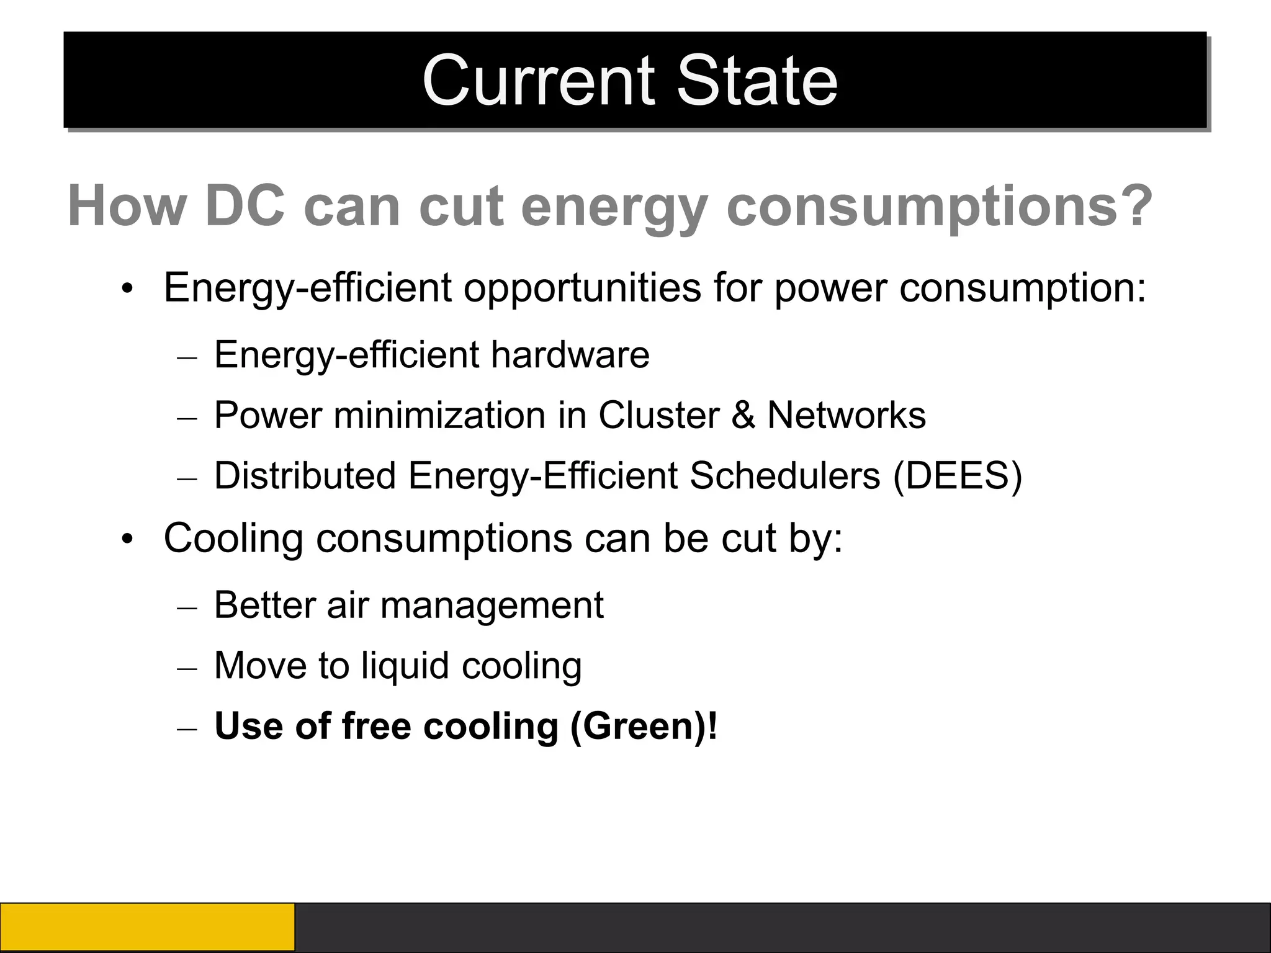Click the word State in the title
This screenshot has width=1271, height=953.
pos(757,81)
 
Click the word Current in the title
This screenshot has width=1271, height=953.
pos(538,81)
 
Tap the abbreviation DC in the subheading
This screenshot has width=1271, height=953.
pos(245,206)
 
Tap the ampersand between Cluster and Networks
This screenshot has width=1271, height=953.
pos(743,415)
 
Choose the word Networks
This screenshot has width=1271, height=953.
pos(847,415)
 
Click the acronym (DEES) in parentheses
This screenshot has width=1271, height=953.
pos(957,476)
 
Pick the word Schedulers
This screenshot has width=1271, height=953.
pos(784,476)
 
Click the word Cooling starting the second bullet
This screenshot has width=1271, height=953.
pos(233,538)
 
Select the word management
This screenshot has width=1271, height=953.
pos(492,605)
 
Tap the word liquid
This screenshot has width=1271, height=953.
pos(405,666)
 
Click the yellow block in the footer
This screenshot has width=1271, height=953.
pos(147,927)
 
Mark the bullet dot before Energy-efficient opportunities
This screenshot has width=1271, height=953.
pos(127,290)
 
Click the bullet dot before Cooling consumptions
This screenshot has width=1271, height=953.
pos(127,539)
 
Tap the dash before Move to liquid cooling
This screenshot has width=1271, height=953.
pos(187,668)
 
